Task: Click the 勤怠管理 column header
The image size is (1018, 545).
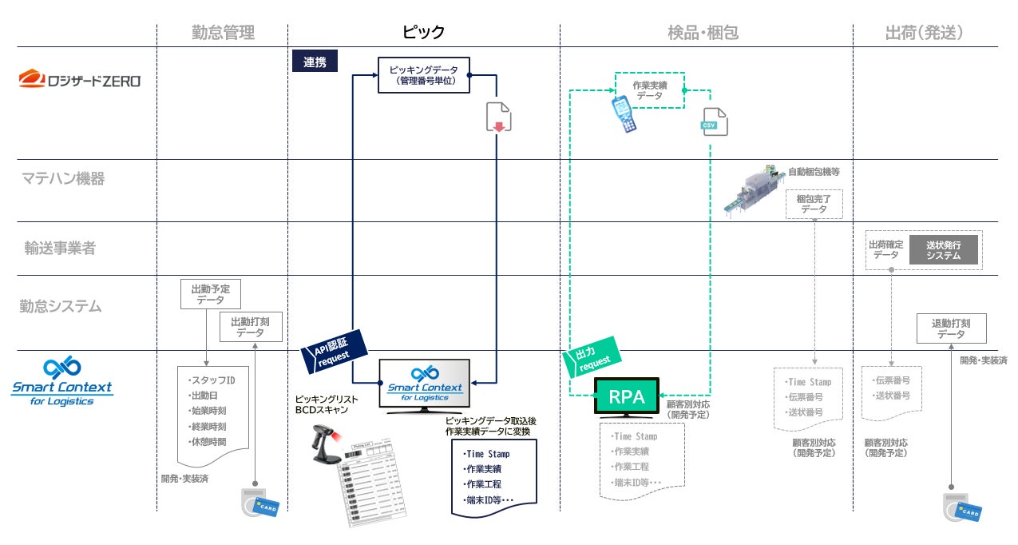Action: tap(223, 33)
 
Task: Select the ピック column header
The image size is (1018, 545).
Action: tap(423, 33)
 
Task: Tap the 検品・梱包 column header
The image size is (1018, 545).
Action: tap(703, 33)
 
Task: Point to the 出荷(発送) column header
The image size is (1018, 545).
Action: tap(924, 33)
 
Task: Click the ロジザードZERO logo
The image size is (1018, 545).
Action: tap(80, 79)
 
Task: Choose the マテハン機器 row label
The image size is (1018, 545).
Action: tap(63, 179)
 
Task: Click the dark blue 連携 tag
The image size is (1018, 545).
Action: tap(315, 62)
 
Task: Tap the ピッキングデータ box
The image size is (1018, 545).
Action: tap(423, 75)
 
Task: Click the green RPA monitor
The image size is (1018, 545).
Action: tap(626, 397)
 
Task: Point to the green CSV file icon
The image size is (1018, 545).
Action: tap(715, 121)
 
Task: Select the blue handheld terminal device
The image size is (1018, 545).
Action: tap(624, 113)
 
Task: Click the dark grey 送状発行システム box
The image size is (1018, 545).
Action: tap(943, 250)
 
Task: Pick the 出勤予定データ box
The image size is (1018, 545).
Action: tap(210, 294)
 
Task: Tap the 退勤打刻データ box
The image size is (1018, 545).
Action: tap(951, 328)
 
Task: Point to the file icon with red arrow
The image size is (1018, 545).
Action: tap(498, 117)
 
